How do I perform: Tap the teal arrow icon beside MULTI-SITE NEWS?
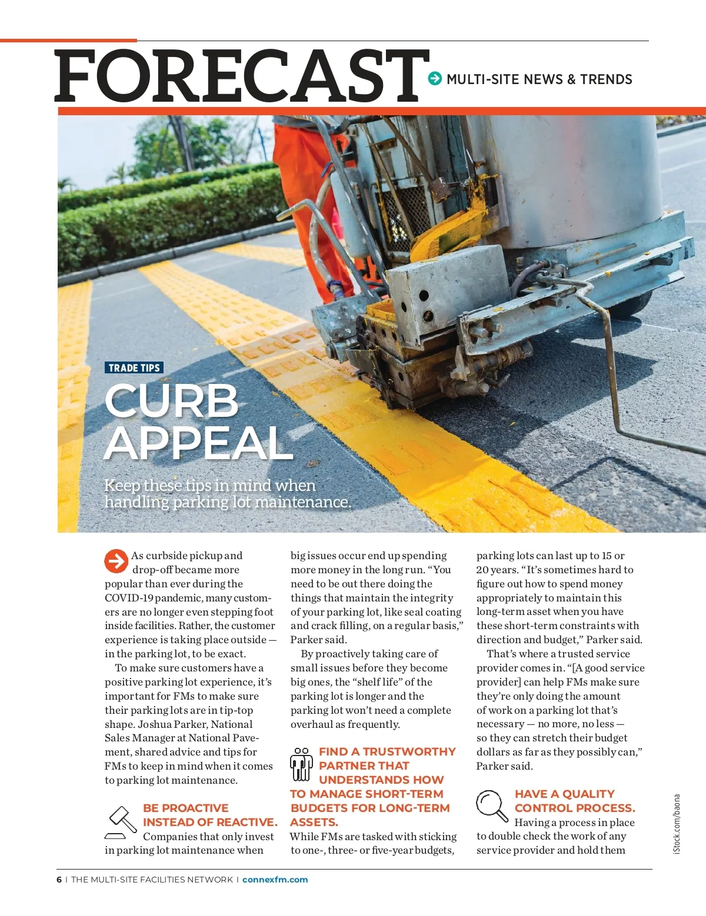pos(435,78)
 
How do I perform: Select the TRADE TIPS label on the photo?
pos(134,368)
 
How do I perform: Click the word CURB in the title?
pos(172,401)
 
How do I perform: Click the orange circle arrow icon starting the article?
pos(116,561)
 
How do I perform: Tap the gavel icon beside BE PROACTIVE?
pos(121,822)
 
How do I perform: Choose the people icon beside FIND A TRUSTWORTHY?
pos(301,764)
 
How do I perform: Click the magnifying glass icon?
pos(491,805)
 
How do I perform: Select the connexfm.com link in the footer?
pos(275,880)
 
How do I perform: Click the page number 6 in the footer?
pos(59,880)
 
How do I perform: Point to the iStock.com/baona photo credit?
pos(677,824)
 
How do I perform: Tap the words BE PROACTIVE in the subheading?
pos(185,808)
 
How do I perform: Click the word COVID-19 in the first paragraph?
pos(129,598)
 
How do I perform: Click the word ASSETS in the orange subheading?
pos(314,822)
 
